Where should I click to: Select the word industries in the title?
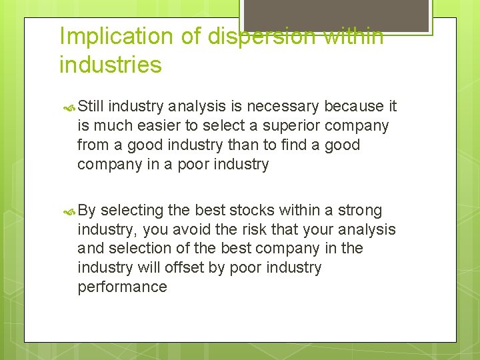[110, 65]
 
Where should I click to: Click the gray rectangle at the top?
[335, 15]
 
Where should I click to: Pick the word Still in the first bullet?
[91, 106]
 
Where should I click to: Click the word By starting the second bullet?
[87, 211]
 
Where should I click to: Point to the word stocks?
[252, 211]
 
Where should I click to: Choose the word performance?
[122, 287]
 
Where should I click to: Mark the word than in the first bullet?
[249, 145]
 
